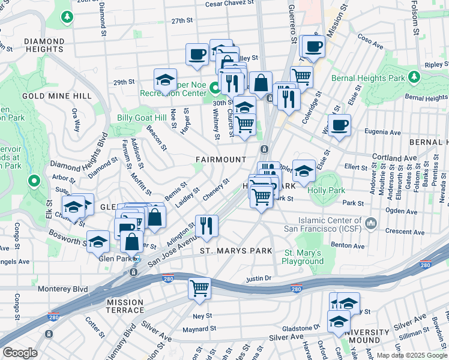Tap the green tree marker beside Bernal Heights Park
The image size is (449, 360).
pos(414,77)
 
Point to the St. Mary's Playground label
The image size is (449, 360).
pos(304,257)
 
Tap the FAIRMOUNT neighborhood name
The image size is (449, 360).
pos(221,160)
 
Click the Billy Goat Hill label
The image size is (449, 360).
pos(142,118)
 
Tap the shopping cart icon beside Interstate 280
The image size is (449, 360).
pos(199,287)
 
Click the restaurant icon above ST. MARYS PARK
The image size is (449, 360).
pos(206,225)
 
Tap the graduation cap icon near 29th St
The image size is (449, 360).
pos(165,79)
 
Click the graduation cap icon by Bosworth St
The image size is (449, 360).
pos(98,241)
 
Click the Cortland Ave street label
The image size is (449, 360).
pos(394,157)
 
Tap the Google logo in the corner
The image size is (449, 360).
pos(20,353)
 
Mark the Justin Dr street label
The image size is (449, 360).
pos(259,279)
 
